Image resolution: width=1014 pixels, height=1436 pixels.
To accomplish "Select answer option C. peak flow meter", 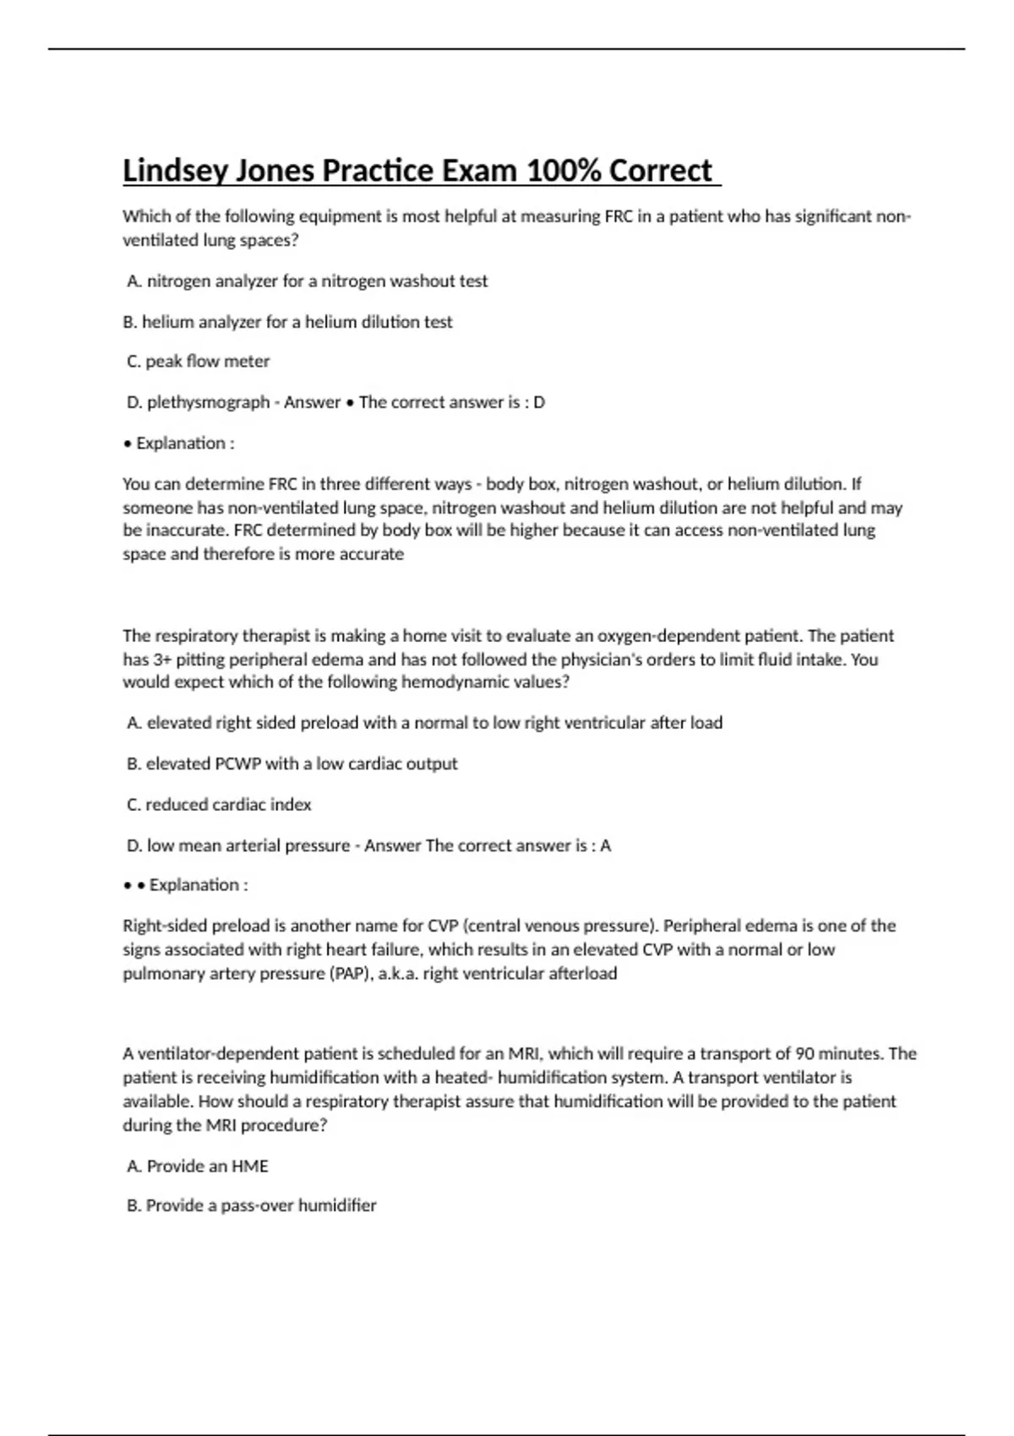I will coord(198,362).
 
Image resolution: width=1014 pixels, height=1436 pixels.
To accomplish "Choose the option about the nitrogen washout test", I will coord(308,281).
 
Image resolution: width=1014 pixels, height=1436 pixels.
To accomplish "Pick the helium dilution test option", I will coord(287,322).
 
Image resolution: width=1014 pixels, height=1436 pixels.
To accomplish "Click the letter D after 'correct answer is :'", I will coord(539,402).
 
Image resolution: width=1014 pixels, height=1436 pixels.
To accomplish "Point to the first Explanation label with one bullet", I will coord(184,443).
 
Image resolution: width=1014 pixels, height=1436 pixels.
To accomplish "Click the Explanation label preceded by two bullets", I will coord(198,885).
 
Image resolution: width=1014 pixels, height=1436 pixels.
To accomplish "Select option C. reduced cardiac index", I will coord(219,805).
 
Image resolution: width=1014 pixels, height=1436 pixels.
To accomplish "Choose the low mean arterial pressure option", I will coord(237,846).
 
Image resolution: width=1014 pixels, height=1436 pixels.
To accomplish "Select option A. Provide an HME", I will coord(198,1166).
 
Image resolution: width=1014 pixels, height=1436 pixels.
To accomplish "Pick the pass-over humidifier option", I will coord(252,1205).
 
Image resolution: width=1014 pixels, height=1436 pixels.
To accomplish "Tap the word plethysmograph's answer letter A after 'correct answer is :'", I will coord(605,846).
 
